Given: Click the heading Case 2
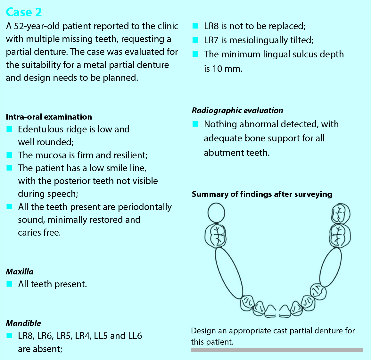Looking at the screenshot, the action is (x=24, y=12).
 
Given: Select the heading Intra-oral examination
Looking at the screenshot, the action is (x=49, y=117).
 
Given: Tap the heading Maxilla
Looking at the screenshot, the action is (x=20, y=272).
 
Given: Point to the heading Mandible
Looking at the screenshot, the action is (x=23, y=323).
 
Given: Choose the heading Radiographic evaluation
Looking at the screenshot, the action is (x=237, y=110).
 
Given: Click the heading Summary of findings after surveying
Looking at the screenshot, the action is (x=262, y=194).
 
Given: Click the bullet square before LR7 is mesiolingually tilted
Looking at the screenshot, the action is (x=195, y=40).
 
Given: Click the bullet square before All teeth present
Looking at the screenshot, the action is (x=9, y=284).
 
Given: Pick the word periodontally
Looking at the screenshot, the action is (x=144, y=207).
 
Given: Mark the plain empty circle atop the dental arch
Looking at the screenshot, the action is (x=216, y=213).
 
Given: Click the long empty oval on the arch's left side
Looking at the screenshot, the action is (x=229, y=273).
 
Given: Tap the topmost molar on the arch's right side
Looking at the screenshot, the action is (x=341, y=213).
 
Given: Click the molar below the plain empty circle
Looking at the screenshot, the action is (x=216, y=236).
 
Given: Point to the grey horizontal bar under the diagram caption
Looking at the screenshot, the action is (x=277, y=350).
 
